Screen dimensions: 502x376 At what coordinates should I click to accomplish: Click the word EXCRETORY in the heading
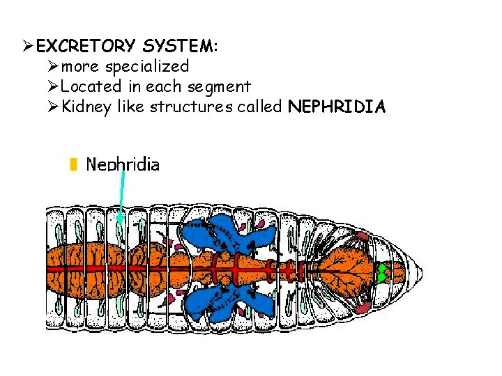click(86, 47)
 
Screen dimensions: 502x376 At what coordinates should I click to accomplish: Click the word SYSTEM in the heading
click(178, 47)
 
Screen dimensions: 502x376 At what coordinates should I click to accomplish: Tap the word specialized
click(146, 67)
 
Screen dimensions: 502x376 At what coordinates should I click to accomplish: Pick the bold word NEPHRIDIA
click(336, 107)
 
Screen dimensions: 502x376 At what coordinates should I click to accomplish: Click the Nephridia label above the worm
click(122, 165)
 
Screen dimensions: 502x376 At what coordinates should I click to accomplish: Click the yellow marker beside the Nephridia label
click(72, 164)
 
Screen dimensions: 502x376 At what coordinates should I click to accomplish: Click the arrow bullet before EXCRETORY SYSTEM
click(28, 47)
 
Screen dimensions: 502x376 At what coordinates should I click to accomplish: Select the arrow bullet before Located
click(53, 87)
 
